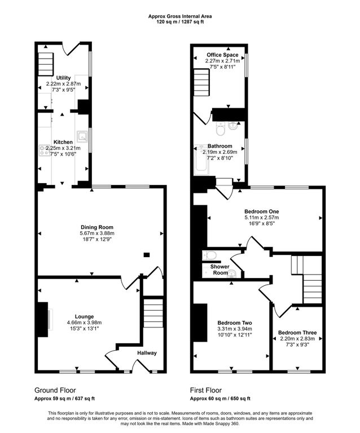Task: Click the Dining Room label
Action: [96, 227]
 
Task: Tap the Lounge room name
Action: [84, 316]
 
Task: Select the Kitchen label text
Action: [63, 142]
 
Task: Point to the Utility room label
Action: [64, 78]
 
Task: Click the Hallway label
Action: [147, 353]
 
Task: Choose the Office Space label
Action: [222, 55]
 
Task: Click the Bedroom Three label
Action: [297, 333]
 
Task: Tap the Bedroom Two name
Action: [235, 323]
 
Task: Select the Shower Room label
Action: [220, 269]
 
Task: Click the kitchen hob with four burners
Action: [43, 150]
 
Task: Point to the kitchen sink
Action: [82, 136]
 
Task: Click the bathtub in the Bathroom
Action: [201, 160]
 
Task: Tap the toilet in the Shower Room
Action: [209, 255]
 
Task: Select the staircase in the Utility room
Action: [46, 64]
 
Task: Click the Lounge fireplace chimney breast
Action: [42, 320]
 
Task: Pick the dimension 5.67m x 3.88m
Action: [96, 233]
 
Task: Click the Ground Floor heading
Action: [55, 390]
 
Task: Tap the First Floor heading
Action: [206, 390]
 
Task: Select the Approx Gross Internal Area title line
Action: [180, 16]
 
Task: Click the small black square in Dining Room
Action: [147, 255]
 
